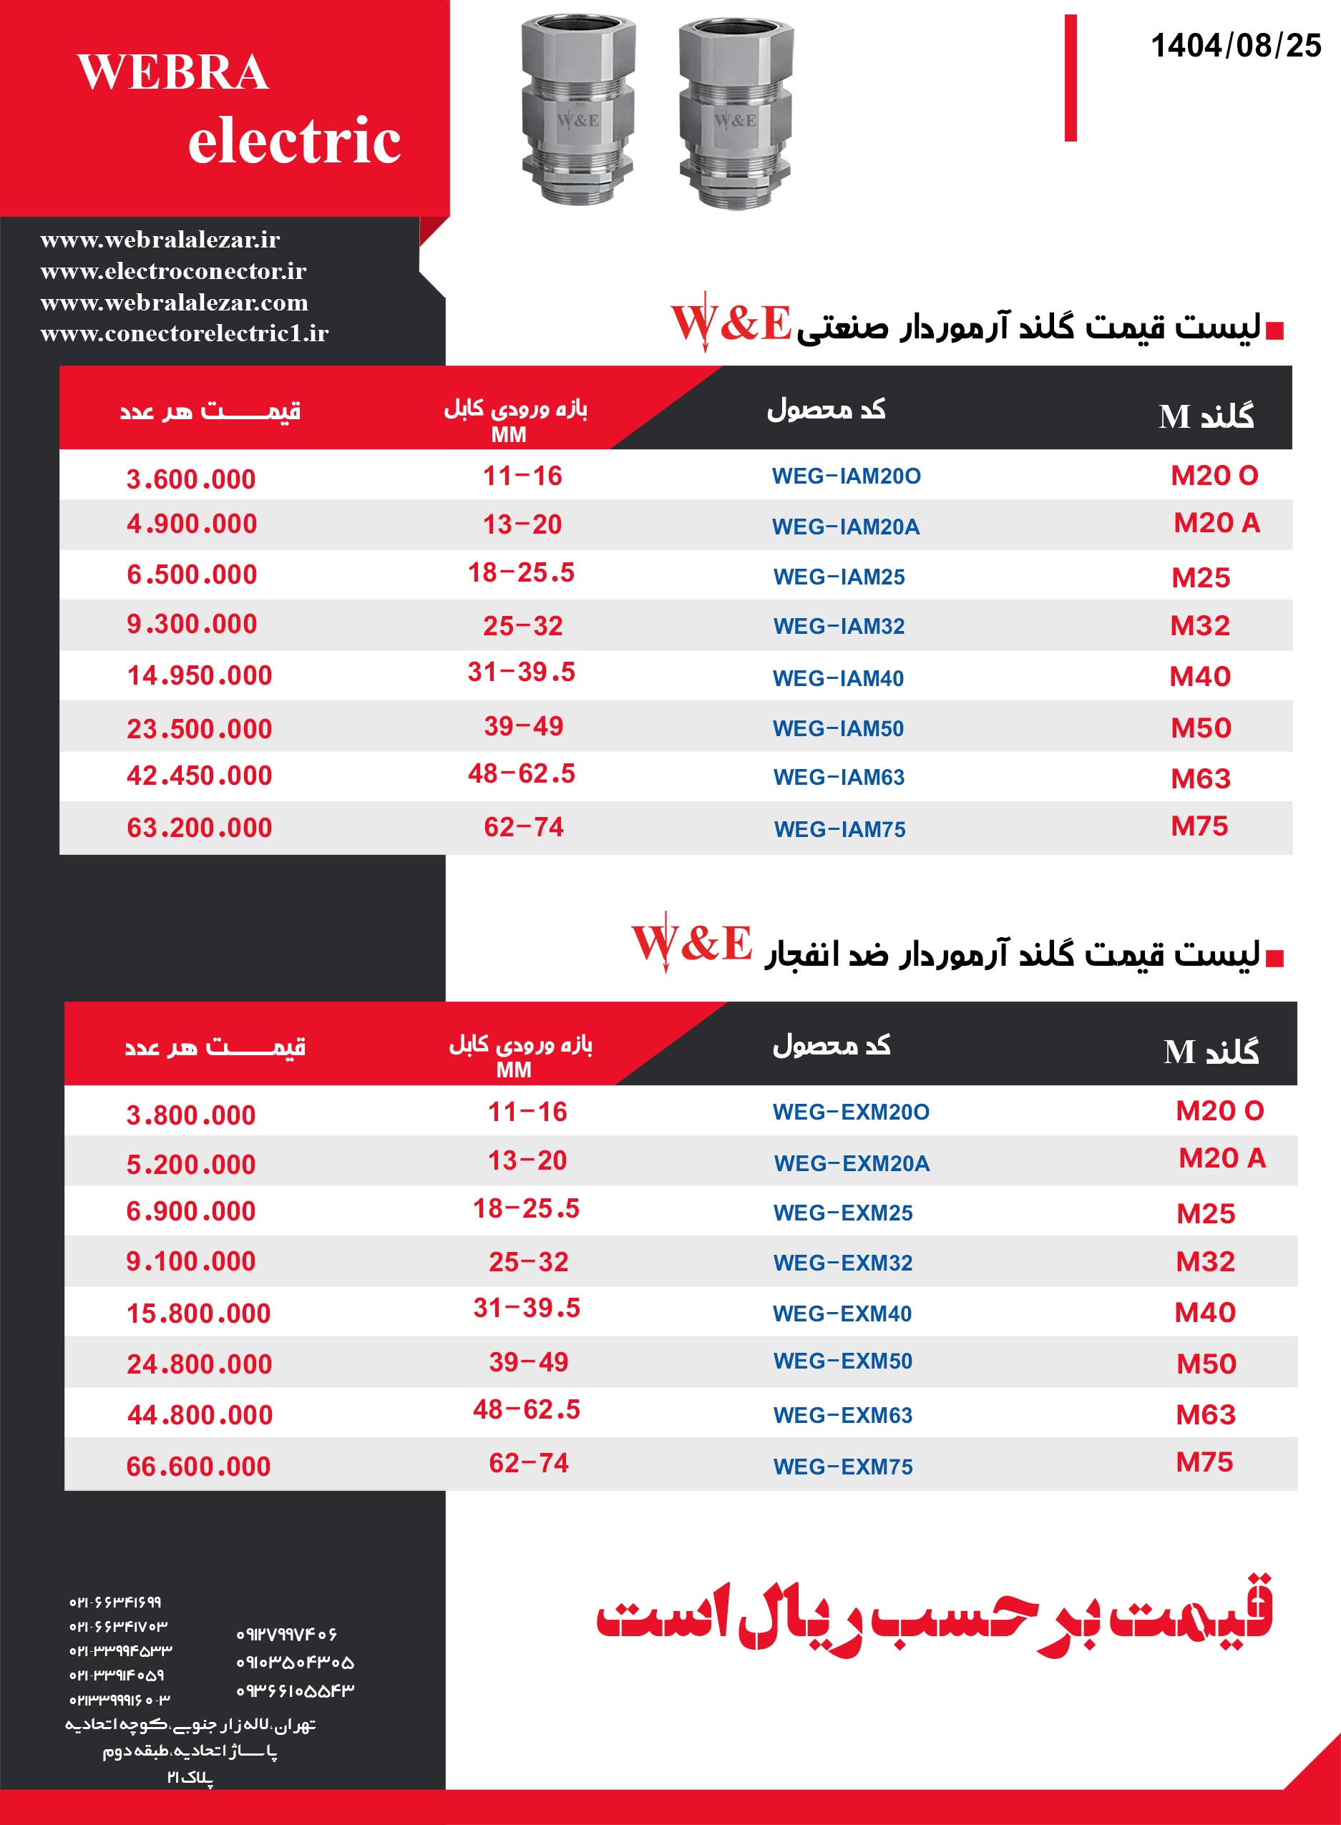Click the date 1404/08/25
1236,46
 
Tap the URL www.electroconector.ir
173,271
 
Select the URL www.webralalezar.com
174,303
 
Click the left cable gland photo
577,109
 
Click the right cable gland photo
735,114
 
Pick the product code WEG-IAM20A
845,527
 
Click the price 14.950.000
199,675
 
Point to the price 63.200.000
199,828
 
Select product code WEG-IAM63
839,778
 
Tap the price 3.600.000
191,479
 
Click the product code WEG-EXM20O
851,1112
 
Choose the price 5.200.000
191,1165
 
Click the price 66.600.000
198,1467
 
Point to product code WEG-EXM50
842,1361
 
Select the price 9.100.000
191,1261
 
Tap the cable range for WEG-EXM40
527,1308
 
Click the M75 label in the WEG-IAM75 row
1199,826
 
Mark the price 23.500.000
199,729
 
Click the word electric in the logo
294,140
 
